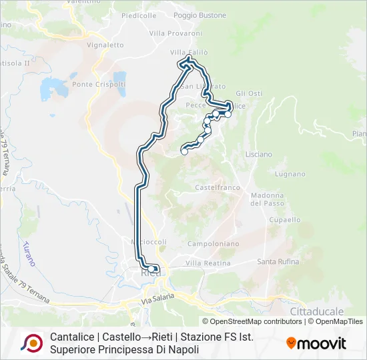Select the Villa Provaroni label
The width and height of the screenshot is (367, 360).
coord(175,33)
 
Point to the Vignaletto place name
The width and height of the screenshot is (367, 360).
coord(105,45)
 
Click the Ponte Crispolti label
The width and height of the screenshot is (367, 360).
coord(99,84)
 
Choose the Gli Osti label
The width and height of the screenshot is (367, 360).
coord(249,93)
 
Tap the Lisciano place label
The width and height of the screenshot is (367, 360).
coord(259,154)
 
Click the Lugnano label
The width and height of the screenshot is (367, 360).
coord(290,174)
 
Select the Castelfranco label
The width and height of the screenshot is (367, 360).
coord(218,188)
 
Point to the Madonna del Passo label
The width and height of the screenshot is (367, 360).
coord(268,199)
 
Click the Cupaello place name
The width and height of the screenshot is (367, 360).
coord(285,219)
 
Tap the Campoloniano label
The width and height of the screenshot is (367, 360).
coord(213,244)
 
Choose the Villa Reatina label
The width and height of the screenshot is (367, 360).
coord(208,263)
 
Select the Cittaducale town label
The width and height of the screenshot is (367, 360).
coord(317,311)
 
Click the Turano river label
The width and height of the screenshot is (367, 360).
coord(28,253)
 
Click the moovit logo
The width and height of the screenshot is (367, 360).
coord(316,343)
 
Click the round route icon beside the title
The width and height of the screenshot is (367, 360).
coord(31,343)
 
